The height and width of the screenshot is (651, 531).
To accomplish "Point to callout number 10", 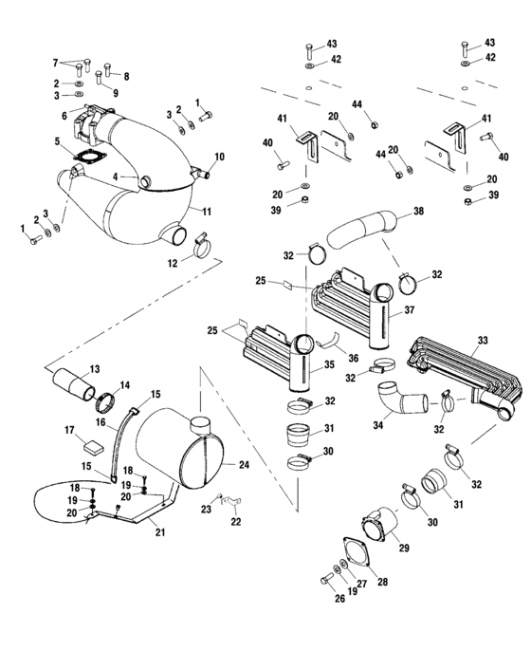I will click(219, 156).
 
